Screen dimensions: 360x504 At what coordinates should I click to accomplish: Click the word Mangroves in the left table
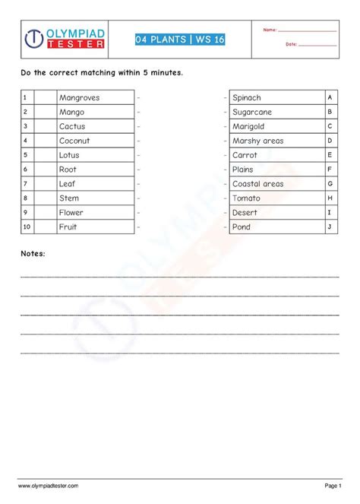coord(79,98)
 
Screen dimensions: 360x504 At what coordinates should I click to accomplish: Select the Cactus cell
coord(72,127)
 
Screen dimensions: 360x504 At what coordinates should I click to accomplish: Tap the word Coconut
coord(74,141)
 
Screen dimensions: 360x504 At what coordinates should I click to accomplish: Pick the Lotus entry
coord(70,155)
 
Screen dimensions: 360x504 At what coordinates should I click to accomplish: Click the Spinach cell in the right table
coord(247,98)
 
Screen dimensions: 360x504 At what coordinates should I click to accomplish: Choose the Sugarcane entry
coord(252,113)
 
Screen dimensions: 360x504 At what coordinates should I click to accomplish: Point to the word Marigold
coord(248,127)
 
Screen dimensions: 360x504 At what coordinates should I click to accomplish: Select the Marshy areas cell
coord(257,141)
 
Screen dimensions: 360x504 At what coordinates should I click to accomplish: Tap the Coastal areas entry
coord(257,184)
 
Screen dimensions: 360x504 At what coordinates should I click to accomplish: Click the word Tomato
coord(246,198)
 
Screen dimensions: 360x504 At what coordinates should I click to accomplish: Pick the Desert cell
coord(245,213)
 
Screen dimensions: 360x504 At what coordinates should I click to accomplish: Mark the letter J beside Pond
coord(330,227)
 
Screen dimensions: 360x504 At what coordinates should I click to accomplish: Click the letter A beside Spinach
coord(330,98)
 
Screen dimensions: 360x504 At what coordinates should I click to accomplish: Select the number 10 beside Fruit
coord(27,227)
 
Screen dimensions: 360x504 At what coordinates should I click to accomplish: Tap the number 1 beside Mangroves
coord(26,98)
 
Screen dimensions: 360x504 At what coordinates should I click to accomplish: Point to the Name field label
coord(270,30)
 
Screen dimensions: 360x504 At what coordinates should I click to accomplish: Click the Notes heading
coord(33,253)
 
